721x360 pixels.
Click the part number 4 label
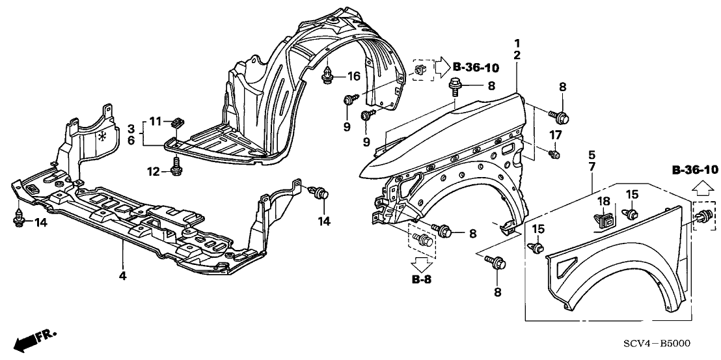click(122, 275)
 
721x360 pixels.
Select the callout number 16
click(353, 77)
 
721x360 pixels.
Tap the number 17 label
click(555, 135)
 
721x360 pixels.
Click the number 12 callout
click(153, 171)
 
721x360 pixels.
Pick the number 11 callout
click(154, 120)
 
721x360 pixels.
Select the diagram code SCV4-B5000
click(660, 344)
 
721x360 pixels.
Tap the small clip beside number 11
click(176, 122)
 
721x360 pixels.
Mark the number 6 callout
click(131, 140)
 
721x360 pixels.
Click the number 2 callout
click(516, 56)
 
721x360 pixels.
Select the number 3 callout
click(131, 127)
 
